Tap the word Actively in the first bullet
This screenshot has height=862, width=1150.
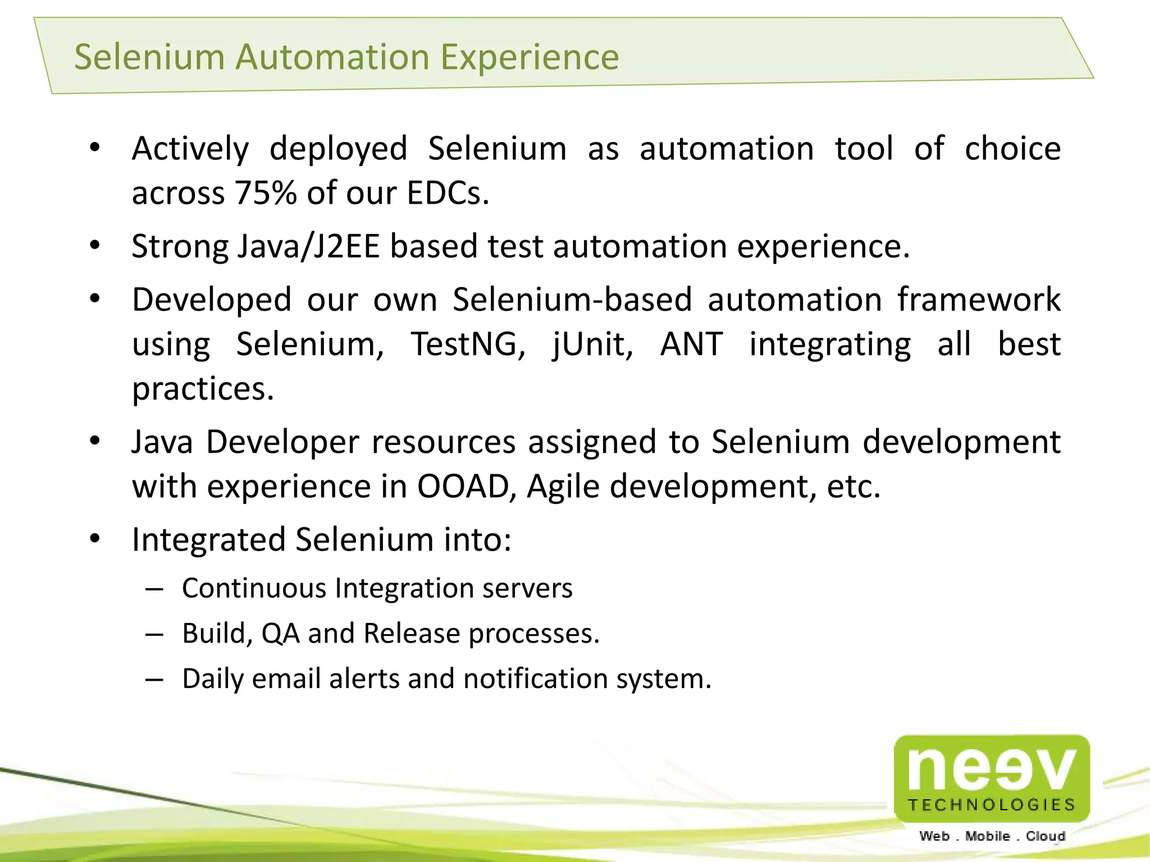pyautogui.click(x=190, y=149)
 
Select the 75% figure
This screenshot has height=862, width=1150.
pyautogui.click(x=266, y=193)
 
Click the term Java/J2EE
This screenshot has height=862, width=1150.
pyautogui.click(x=309, y=246)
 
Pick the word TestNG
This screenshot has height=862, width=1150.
pyautogui.click(x=468, y=344)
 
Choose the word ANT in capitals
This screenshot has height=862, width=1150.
pyautogui.click(x=691, y=344)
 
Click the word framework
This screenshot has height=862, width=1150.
pyautogui.click(x=979, y=299)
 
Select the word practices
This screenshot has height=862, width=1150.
pyautogui.click(x=203, y=389)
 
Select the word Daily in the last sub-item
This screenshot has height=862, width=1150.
pyautogui.click(x=213, y=679)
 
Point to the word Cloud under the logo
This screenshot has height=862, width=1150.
pyautogui.click(x=1046, y=836)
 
